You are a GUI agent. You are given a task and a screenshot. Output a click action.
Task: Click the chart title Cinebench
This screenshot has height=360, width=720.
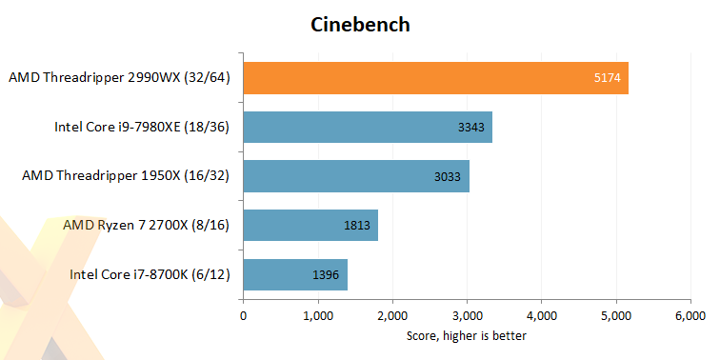(360, 25)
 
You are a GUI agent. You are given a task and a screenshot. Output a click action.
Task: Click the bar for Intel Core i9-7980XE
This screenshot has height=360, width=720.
(368, 128)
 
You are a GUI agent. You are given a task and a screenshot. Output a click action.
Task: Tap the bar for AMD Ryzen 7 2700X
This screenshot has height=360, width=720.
(310, 226)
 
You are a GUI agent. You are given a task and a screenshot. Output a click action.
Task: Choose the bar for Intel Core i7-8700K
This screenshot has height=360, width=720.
(295, 275)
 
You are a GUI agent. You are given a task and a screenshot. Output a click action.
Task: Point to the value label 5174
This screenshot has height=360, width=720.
(606, 78)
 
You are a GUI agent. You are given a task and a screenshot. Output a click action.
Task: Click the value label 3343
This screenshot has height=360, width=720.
(470, 128)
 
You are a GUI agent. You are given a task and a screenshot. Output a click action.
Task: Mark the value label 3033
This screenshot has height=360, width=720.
(447, 176)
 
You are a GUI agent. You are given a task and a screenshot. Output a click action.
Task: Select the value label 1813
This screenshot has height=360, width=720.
(356, 226)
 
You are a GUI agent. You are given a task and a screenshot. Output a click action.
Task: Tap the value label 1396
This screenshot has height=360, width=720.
(325, 275)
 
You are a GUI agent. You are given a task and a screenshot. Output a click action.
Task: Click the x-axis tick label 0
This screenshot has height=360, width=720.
(244, 315)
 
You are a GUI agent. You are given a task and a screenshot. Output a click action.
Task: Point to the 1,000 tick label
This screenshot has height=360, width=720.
(318, 315)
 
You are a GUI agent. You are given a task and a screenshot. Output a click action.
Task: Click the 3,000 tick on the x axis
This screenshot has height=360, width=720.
(467, 315)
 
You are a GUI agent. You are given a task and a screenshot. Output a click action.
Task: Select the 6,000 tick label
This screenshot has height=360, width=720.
(690, 315)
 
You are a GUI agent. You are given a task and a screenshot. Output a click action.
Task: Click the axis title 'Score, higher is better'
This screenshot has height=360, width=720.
(467, 335)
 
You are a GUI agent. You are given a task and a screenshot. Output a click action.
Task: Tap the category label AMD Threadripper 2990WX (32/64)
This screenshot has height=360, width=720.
(121, 78)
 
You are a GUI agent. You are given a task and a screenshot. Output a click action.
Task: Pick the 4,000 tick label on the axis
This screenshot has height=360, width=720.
(541, 315)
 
